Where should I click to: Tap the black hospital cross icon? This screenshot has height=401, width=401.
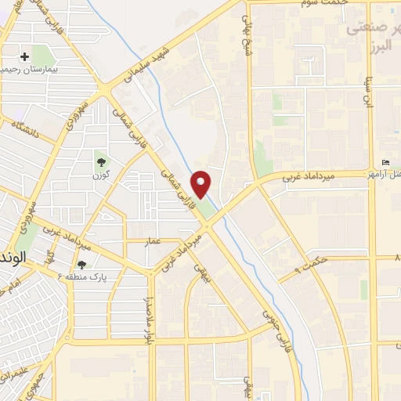25,56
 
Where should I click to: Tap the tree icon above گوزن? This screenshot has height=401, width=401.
101,161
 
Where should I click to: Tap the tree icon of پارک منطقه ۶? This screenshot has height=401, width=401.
81,265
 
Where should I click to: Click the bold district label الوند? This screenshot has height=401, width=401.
13,256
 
